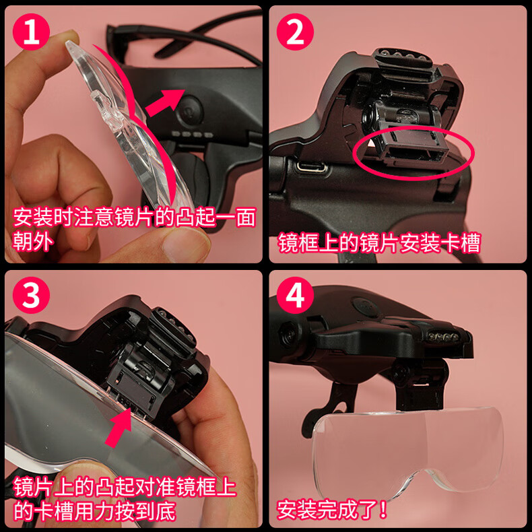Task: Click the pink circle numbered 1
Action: [31, 32]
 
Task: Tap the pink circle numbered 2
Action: [295, 32]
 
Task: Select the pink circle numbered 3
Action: [31, 295]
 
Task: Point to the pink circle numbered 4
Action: [295, 295]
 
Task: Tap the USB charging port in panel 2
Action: [312, 167]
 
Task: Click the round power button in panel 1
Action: [190, 110]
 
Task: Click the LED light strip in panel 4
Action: [442, 336]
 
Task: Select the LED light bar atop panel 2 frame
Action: [402, 58]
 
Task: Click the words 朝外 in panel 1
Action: [33, 241]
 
